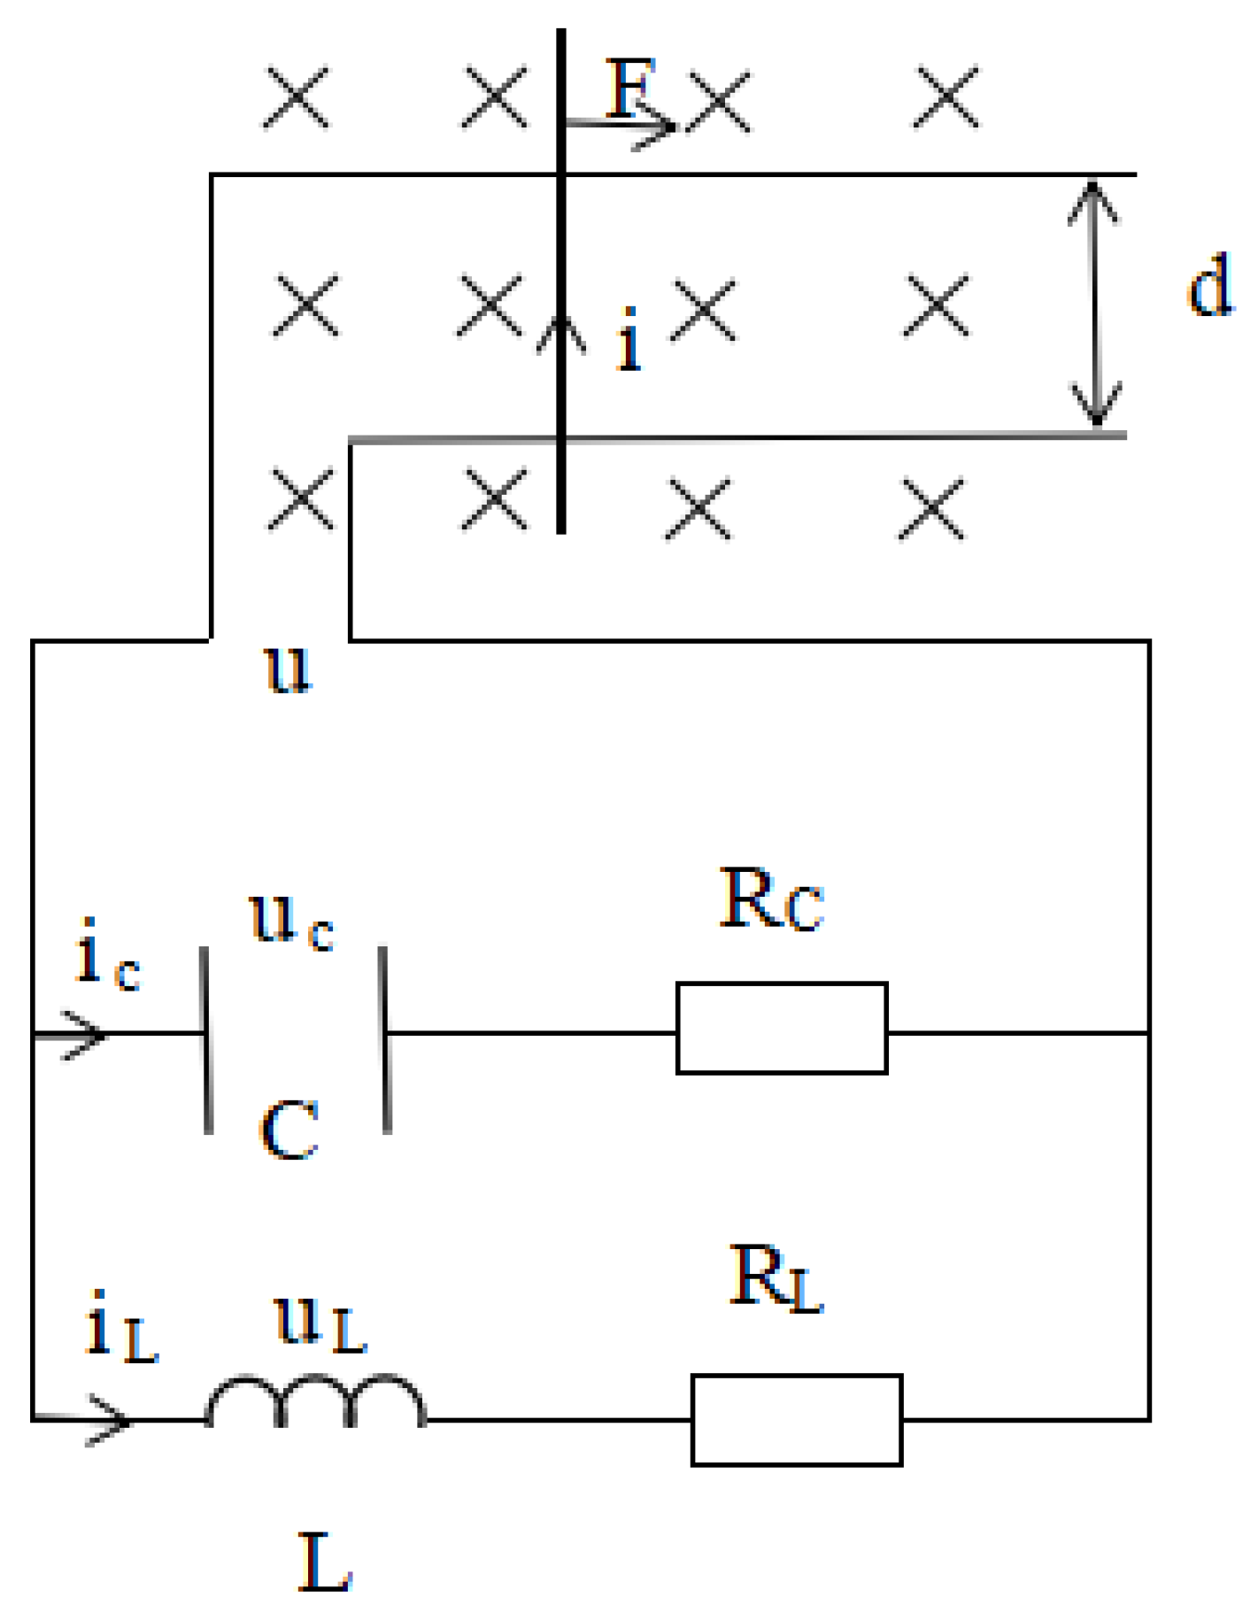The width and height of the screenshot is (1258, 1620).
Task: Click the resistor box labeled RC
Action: coord(781,1027)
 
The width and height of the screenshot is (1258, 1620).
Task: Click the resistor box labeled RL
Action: coord(796,1420)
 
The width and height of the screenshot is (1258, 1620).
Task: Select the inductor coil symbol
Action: coord(316,1402)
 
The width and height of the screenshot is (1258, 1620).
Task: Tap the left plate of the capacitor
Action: coord(206,1040)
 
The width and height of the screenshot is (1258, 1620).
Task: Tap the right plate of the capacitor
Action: coord(386,1040)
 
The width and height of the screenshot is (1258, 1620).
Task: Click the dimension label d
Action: coord(1209,285)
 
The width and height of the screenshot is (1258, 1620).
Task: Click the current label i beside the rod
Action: coord(629,340)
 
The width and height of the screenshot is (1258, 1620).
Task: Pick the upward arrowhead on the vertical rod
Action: coord(560,332)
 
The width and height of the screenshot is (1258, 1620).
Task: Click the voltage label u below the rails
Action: coord(289,668)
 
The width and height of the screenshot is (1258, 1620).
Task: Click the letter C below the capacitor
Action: coord(289,1130)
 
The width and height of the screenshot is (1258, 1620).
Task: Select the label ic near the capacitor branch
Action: coord(106,955)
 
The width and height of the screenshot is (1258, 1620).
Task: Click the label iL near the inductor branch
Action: coord(120,1327)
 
